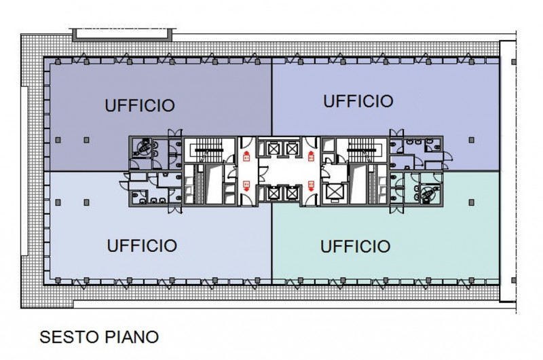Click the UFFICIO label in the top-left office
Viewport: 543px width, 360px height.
point(140,105)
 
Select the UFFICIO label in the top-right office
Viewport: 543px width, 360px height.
point(358,101)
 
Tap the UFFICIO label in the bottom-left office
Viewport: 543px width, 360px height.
point(142,246)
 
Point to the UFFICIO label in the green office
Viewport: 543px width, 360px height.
point(355,247)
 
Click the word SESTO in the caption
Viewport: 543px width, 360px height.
point(69,337)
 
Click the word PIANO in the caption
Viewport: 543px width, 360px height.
point(132,337)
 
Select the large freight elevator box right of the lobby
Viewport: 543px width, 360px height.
point(334,192)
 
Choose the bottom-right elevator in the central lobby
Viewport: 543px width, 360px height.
point(292,194)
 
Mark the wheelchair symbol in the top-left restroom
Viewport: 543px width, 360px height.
point(143,147)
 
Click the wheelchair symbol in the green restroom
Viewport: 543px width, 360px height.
point(429,192)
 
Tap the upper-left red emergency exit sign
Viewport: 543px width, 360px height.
point(246,156)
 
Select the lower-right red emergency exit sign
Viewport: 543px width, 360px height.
point(311,185)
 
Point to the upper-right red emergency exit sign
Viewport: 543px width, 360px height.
point(311,156)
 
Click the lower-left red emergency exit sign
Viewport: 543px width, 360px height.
point(246,185)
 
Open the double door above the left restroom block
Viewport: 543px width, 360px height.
point(175,133)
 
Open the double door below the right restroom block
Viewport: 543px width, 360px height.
point(396,210)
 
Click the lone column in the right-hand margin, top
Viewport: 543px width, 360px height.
point(514,62)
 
